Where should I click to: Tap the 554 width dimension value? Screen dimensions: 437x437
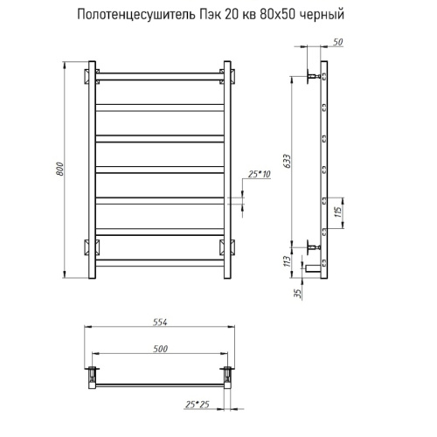click(160, 322)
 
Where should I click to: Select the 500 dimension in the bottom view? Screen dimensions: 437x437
click(160, 349)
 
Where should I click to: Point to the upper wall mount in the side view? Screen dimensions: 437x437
click(313, 77)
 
